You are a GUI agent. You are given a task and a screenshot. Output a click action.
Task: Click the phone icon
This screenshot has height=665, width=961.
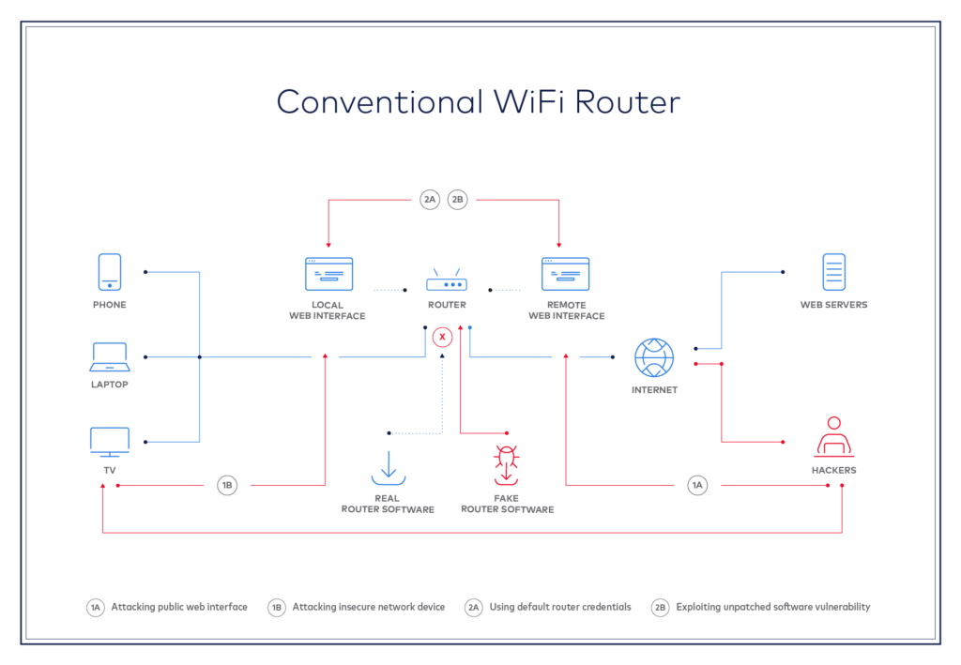(110, 272)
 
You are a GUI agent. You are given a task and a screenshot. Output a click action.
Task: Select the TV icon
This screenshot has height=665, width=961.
(110, 441)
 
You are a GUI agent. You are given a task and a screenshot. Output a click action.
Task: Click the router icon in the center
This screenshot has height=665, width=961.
(447, 280)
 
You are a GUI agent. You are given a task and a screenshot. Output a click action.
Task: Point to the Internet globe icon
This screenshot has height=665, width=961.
(654, 358)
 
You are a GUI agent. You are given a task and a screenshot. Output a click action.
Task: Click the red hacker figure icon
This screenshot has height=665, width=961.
(833, 437)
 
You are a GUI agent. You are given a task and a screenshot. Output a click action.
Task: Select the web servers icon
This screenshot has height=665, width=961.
(833, 272)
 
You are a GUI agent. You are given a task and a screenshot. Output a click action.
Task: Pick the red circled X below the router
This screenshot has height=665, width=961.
(442, 336)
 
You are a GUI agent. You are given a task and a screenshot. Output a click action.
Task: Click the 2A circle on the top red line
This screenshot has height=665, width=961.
(430, 199)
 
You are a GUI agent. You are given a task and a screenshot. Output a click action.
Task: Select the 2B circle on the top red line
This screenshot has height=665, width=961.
(457, 199)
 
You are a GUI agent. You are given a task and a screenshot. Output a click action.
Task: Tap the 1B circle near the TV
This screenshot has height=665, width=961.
(227, 485)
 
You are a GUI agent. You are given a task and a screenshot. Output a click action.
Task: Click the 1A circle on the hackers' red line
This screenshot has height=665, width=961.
(696, 485)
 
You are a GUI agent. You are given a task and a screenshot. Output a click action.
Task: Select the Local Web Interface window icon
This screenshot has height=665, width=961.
(328, 274)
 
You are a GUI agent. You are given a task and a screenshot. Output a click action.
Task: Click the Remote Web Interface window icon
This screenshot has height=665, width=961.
(566, 274)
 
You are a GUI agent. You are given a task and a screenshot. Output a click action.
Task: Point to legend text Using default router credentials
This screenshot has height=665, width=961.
(560, 607)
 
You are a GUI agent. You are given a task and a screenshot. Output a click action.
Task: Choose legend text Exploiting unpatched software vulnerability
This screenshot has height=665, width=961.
(772, 607)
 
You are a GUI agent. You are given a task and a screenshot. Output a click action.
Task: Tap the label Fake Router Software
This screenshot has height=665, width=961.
(507, 504)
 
